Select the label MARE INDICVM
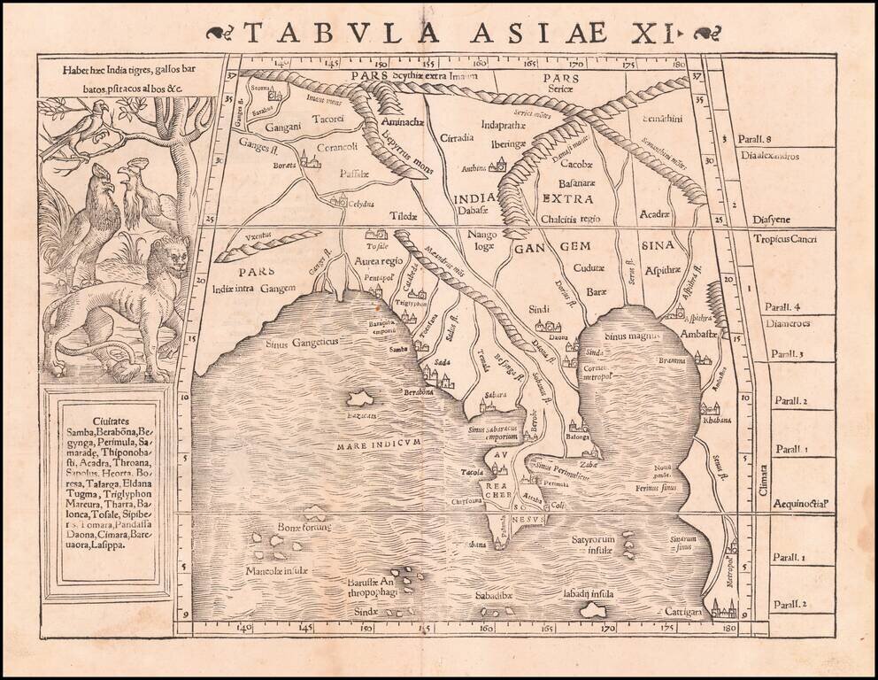pyautogui.click(x=382, y=444)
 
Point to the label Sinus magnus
pyautogui.click(x=627, y=336)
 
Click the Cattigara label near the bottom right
pyautogui.click(x=682, y=612)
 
